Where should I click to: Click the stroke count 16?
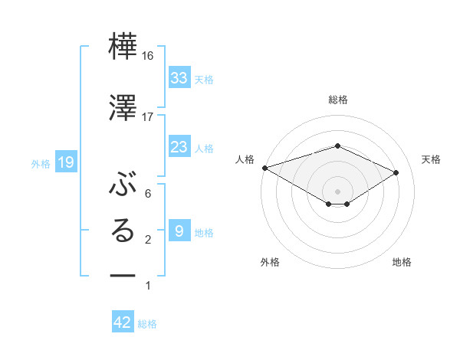[x=148, y=55]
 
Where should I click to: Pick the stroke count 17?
[x=148, y=117]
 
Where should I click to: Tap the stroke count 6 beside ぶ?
[x=148, y=194]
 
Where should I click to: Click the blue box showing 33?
[x=179, y=78]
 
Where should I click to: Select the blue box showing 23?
[x=179, y=147]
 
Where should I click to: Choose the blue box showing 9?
[x=179, y=231]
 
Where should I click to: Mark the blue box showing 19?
[x=66, y=162]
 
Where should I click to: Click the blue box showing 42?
[x=123, y=322]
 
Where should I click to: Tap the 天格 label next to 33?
[x=204, y=80]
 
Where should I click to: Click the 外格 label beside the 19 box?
[x=41, y=163]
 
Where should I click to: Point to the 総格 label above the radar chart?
[x=337, y=100]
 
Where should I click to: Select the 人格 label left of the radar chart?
[x=245, y=159]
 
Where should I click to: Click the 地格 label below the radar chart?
[x=402, y=262]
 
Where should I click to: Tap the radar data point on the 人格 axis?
[x=264, y=168]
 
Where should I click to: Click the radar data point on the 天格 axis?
[x=396, y=173]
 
